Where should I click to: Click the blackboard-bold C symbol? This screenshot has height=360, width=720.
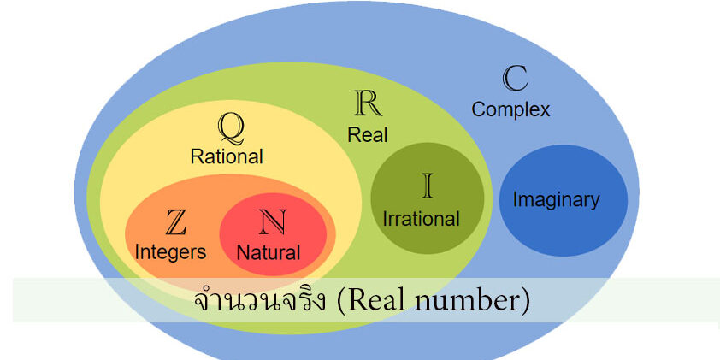(514, 80)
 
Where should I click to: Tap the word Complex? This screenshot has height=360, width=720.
(510, 109)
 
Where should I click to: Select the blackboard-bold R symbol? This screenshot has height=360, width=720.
(367, 103)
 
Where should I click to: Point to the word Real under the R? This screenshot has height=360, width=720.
(367, 134)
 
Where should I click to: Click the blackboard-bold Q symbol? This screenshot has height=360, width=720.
(230, 127)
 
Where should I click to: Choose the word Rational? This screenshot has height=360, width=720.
(227, 156)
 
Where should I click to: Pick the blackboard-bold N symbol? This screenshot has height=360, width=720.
(273, 222)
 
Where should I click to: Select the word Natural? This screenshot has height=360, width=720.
(269, 253)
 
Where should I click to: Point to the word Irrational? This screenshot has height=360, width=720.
(422, 218)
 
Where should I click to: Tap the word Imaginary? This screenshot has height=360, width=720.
(557, 200)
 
